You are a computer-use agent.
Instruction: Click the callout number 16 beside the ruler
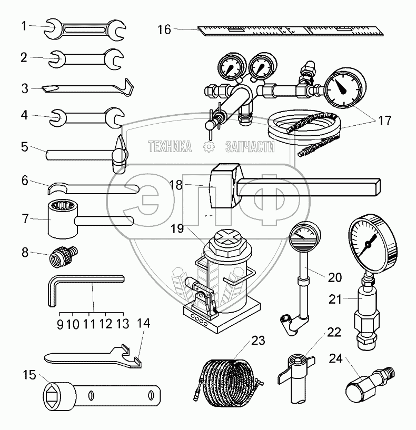[x=164, y=29]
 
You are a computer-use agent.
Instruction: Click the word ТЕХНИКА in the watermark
[x=170, y=147]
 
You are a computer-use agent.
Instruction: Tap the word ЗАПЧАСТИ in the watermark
[x=250, y=147]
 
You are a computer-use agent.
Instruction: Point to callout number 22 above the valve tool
[x=333, y=333]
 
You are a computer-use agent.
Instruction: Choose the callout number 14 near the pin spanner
[x=143, y=323]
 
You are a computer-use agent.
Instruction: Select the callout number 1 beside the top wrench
[x=24, y=25]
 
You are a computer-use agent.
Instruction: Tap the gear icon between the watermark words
[x=210, y=147]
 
